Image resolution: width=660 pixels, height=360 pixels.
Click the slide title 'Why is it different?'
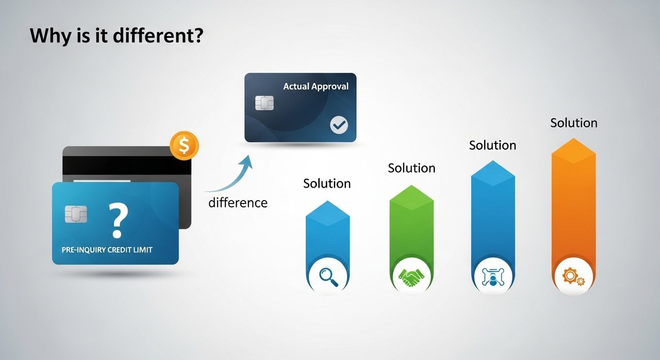coord(117,36)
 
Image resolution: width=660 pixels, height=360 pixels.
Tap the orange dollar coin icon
coord(184,145)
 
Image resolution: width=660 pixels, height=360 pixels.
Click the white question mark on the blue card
coord(118,220)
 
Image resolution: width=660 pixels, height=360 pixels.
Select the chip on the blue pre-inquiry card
coord(76,214)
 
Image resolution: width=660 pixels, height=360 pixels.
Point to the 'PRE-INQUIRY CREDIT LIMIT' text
coord(107,250)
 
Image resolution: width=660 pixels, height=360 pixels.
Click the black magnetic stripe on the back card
coord(127,166)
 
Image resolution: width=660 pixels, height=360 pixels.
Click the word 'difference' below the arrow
coord(238,203)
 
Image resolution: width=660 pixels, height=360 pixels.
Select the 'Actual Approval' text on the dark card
coord(316,86)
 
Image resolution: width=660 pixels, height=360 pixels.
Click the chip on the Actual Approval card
coord(265,103)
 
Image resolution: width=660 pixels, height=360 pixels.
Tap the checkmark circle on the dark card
coord(339,125)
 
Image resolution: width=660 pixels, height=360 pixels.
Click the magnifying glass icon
coord(328,277)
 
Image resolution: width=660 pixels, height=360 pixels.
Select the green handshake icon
coord(411,277)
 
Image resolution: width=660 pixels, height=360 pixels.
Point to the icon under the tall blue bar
coord(493,277)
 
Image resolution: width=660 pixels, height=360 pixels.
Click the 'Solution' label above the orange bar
coord(574,123)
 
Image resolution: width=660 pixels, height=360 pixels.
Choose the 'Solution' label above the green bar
coord(411,168)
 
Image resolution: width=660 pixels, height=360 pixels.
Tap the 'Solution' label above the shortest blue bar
coord(327,184)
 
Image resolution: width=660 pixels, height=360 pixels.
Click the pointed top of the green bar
coord(411,185)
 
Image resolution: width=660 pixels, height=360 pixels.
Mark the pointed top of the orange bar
coord(573,138)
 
